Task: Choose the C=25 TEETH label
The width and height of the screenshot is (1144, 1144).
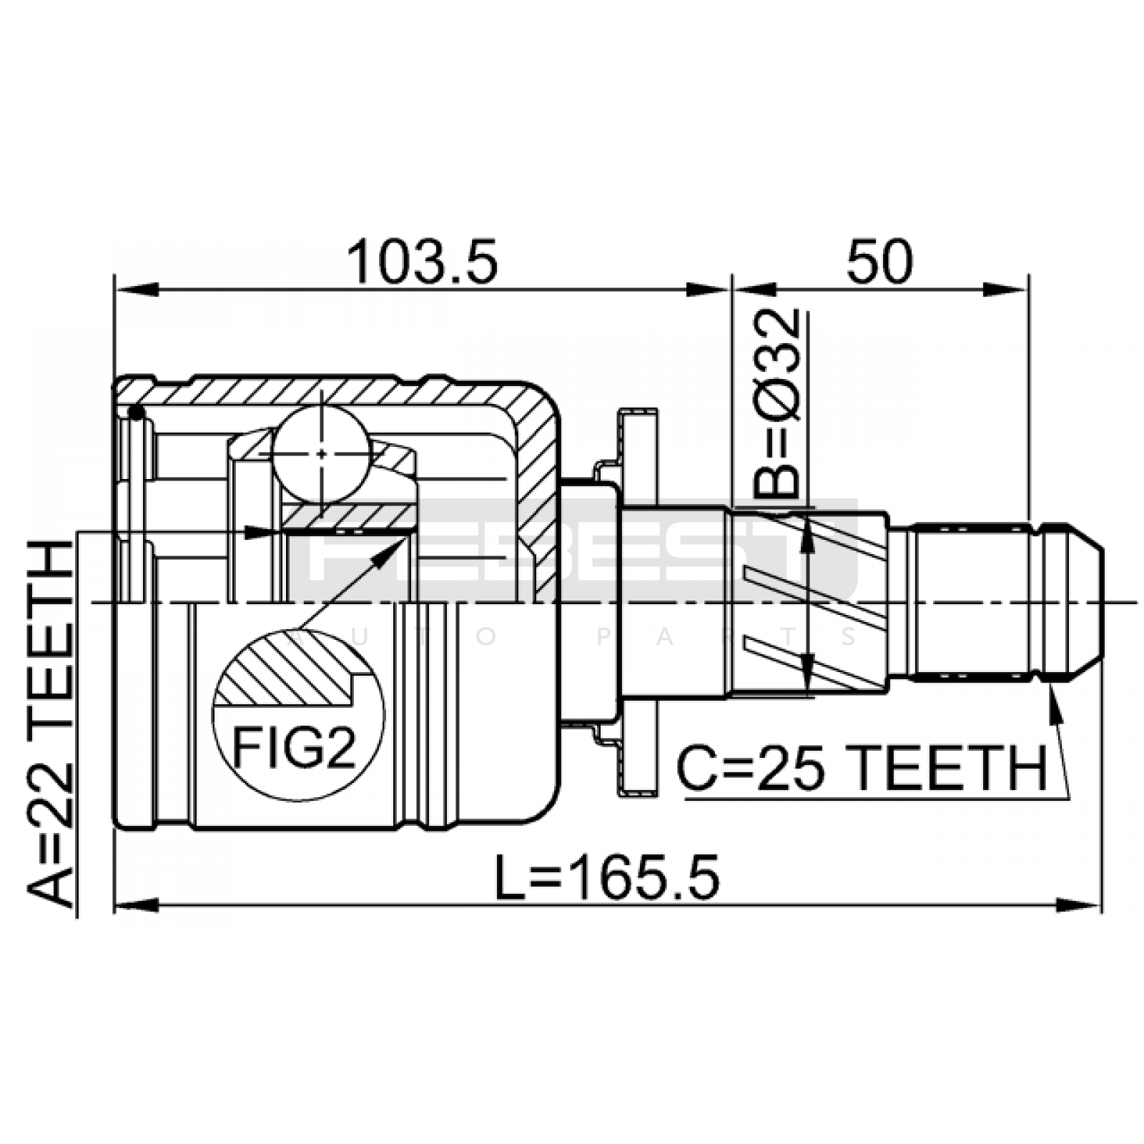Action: pos(862,769)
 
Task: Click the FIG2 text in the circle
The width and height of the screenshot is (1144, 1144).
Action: pos(295,746)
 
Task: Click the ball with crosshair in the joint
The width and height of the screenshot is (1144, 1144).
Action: pos(321,454)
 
